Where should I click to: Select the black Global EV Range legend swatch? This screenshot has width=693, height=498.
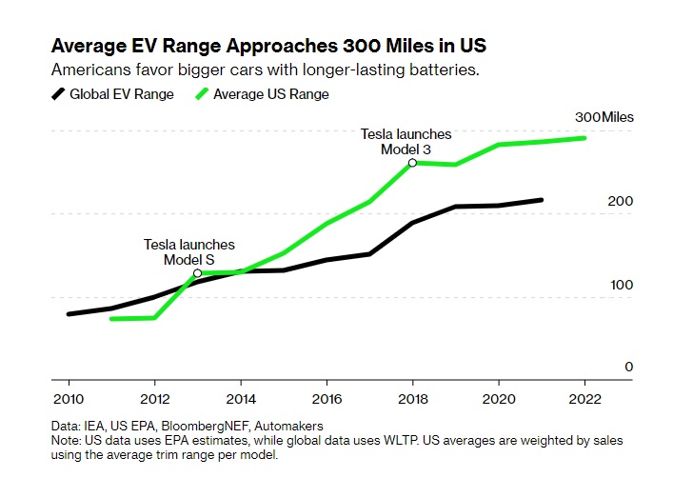[58, 93]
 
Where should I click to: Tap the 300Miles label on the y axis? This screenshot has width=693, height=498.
[604, 117]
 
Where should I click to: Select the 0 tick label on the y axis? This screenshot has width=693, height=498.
[628, 367]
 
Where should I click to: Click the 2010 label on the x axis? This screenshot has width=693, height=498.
[68, 399]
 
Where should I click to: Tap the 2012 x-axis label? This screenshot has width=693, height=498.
[154, 399]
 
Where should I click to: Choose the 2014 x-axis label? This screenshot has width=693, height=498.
[241, 399]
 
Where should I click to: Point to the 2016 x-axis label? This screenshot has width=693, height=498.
[327, 399]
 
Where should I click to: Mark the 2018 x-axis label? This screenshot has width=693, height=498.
[412, 399]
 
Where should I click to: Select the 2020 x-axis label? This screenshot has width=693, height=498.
[498, 399]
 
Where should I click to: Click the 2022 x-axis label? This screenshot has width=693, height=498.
[584, 399]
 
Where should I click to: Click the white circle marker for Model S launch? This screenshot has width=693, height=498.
[197, 273]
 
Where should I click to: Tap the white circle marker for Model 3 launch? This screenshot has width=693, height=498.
[412, 163]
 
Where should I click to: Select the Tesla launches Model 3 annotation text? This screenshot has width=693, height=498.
[406, 141]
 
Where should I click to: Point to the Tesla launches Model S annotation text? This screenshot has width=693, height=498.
[188, 252]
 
